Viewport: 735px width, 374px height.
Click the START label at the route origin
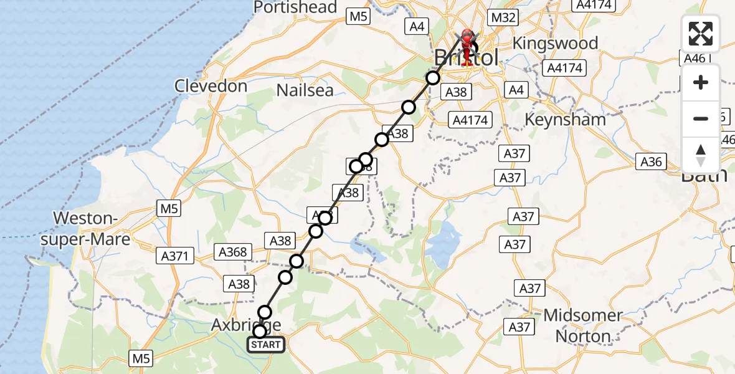[267, 345]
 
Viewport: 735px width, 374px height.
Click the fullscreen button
[701, 34]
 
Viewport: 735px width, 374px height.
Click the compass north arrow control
[701, 155]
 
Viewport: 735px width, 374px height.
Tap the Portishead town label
[295, 7]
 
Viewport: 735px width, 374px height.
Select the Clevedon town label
[211, 86]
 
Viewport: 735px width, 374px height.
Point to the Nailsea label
[305, 90]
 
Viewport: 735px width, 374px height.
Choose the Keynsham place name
[565, 119]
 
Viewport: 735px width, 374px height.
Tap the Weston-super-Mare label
[92, 228]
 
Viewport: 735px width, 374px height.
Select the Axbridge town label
[246, 325]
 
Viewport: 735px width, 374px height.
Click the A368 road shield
[233, 252]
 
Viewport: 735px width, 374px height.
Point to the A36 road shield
[650, 162]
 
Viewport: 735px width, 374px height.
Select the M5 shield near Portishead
[358, 17]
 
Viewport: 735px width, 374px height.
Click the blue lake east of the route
[443, 242]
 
